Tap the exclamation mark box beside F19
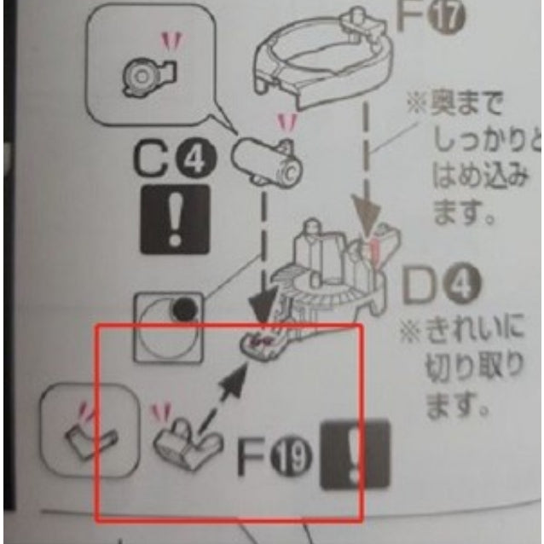coord(353,455)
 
